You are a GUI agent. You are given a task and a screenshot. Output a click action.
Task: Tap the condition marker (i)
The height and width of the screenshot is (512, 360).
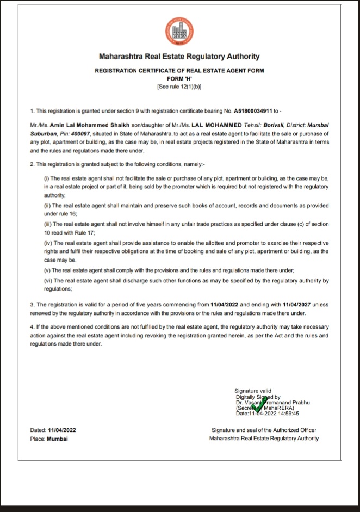pos(46,178)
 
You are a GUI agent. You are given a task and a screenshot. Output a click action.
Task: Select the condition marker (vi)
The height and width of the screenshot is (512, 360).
pos(47,281)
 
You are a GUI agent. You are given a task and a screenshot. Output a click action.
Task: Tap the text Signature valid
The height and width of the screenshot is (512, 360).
pos(252,391)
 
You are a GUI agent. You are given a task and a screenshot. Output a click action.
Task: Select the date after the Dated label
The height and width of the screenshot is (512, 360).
pos(61,430)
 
